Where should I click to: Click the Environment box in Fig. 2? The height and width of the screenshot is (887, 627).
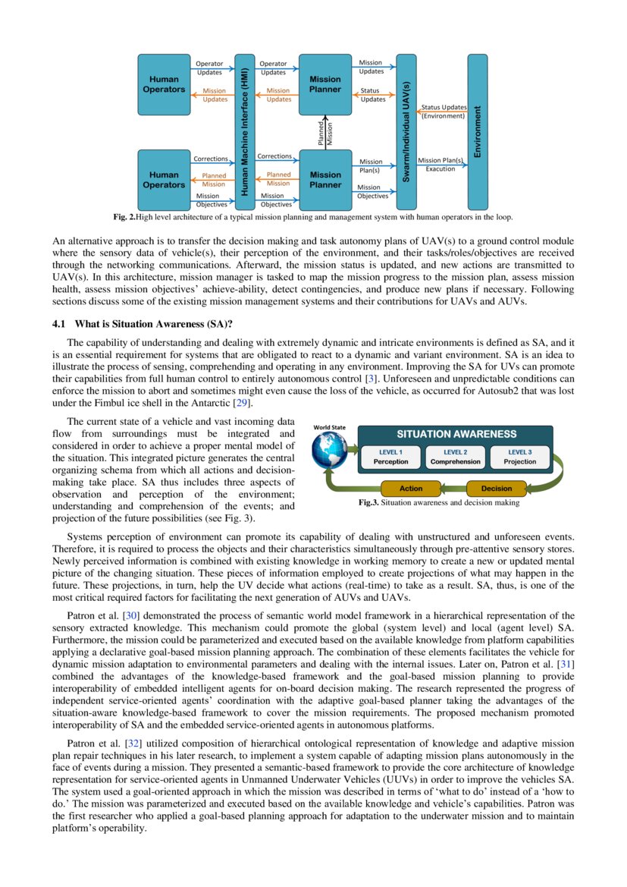pos(478,131)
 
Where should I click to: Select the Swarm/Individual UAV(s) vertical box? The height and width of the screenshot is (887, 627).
pos(406,131)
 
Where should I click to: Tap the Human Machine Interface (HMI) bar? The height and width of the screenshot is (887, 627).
pos(244,131)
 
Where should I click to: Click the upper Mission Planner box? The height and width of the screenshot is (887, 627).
pos(325,84)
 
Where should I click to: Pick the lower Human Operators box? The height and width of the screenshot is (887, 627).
pos(164,180)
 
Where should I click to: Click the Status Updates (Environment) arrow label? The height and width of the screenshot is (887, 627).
pos(443,112)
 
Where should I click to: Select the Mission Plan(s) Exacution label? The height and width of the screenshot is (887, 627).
pos(440,165)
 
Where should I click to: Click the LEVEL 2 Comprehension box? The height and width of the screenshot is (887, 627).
pos(455,457)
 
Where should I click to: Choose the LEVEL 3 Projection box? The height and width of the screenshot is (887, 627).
pos(519,457)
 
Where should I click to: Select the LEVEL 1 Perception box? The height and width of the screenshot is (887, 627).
pos(390,457)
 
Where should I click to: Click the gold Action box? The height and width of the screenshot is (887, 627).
pos(411,489)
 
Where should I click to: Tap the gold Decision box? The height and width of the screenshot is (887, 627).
pos(496,489)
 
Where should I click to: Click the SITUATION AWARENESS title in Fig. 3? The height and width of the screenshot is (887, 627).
pos(456,435)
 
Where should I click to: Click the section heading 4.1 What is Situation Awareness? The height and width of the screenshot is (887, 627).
pos(142,324)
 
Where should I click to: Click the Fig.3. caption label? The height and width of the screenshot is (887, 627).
pos(368,503)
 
